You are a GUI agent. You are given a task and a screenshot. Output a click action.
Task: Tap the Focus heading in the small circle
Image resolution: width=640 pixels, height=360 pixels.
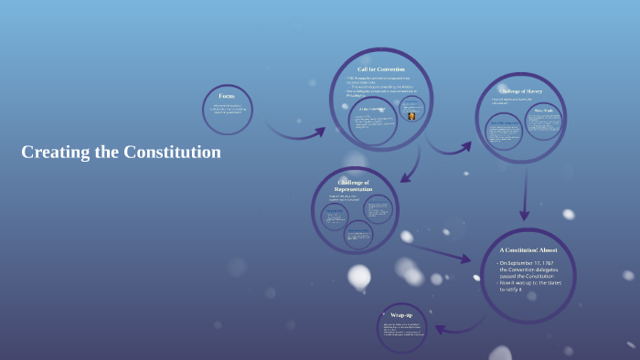[x=226, y=96]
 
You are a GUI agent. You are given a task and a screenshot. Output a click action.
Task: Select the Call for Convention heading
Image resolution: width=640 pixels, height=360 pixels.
[x=380, y=69]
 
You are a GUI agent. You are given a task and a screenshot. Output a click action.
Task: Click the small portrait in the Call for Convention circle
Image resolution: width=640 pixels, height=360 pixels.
[x=412, y=116]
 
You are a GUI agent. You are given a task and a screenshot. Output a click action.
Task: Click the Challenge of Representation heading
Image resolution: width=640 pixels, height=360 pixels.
[x=353, y=185]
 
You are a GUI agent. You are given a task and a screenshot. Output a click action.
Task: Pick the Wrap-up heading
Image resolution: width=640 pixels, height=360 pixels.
[x=401, y=315]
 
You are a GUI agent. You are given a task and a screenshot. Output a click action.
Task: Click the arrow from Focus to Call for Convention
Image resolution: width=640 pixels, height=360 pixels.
[x=294, y=135]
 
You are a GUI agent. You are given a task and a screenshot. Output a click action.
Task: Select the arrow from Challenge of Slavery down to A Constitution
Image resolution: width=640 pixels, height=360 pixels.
[x=524, y=196]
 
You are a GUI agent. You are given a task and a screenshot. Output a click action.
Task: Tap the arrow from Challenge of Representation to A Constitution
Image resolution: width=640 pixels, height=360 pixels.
[x=439, y=250]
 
